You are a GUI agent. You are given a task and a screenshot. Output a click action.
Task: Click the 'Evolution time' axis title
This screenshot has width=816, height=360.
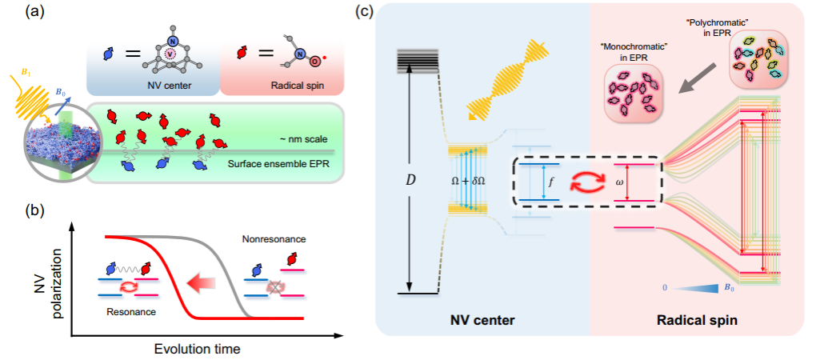[x=197, y=348]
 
